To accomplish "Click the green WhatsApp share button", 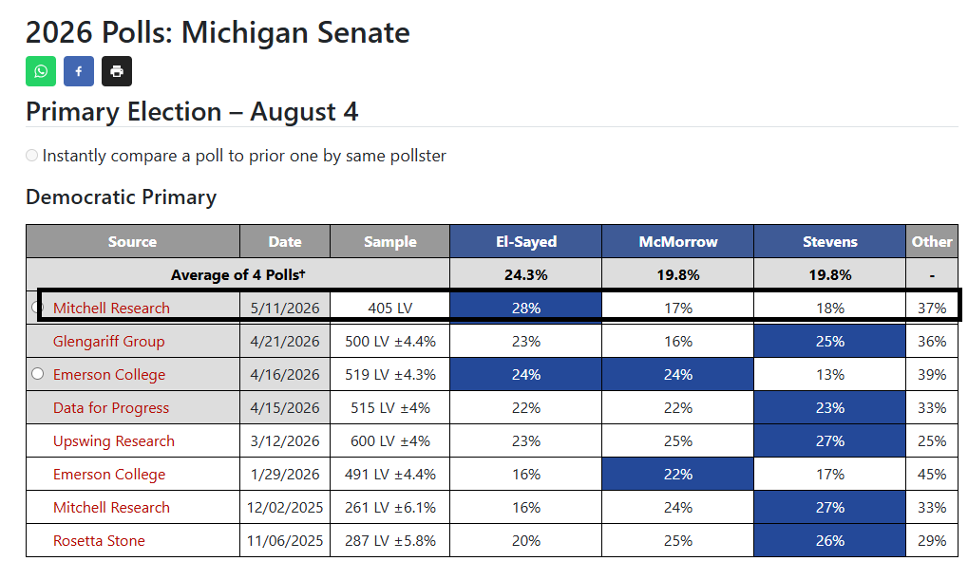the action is coord(41,71).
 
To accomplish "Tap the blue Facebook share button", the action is coord(79,71).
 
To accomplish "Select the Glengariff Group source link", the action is coord(108,341).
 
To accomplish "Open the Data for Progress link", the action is coord(111,408).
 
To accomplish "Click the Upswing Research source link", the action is coord(114,441).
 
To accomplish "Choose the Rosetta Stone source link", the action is coord(99,541).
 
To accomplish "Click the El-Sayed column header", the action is coord(526,241).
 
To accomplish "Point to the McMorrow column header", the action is coord(678,241).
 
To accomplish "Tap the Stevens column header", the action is coord(829,241).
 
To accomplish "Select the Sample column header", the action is coord(390,241).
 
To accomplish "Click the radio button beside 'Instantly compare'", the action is coord(32,156).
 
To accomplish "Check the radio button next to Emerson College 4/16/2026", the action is coord(38,374).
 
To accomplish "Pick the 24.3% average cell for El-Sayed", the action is coord(526,274).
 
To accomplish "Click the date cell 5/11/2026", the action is coord(285,308).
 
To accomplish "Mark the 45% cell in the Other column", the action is coord(932,475).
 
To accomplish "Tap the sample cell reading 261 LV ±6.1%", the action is coord(390,508).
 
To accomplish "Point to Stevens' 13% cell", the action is coord(829,375).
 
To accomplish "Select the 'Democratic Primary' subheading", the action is coord(121,196).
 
